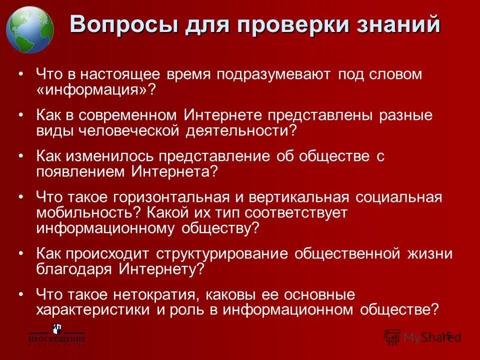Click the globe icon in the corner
[29, 29]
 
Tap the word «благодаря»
[75, 269]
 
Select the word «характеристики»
[93, 309]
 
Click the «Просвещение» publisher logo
[56, 335]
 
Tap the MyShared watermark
[425, 336]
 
